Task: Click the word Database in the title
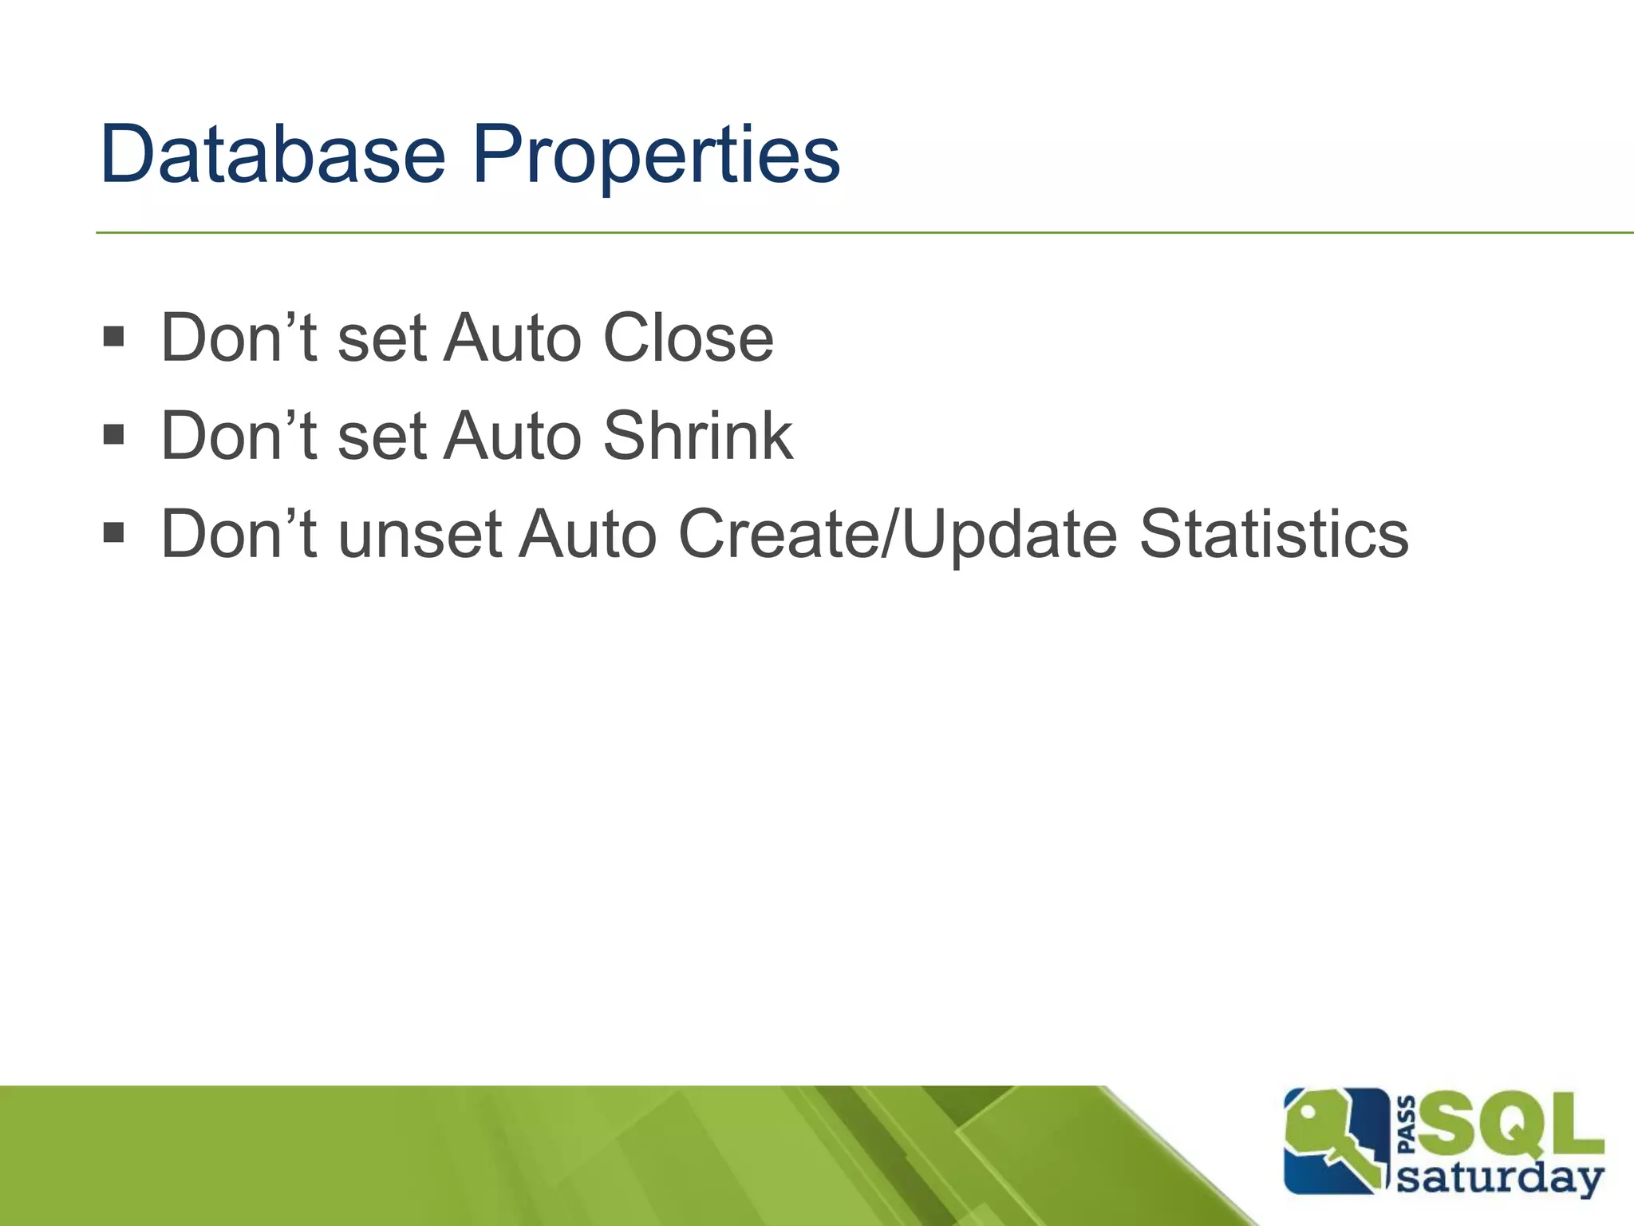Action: tap(272, 154)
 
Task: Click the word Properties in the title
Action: tap(655, 156)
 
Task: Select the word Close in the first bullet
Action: tap(687, 338)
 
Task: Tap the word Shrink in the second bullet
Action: tap(697, 436)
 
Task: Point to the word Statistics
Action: tap(1273, 534)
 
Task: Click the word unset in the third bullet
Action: tap(420, 534)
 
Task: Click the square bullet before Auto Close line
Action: tap(114, 336)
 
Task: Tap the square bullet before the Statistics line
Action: tap(114, 532)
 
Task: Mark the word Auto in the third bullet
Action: tap(587, 534)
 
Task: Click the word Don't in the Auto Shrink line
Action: tap(239, 436)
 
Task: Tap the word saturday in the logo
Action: tap(1500, 1178)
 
